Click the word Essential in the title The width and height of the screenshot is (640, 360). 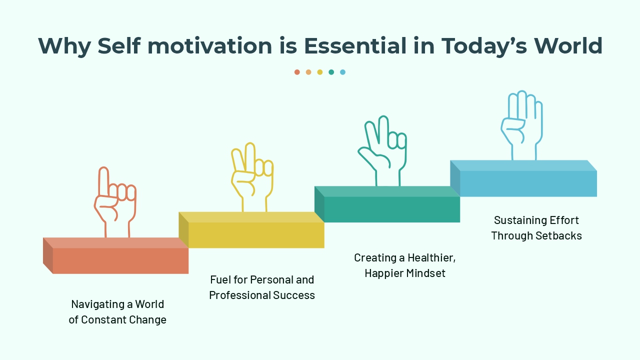[355, 46]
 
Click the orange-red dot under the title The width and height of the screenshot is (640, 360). [297, 72]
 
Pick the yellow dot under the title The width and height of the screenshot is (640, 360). [320, 72]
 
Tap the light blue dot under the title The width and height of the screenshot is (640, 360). [342, 72]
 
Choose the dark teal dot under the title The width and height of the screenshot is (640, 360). [331, 72]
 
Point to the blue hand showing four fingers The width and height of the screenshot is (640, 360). [522, 125]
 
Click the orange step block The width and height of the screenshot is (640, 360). [120, 260]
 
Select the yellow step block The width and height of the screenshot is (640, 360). [256, 234]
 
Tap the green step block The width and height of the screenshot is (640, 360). [391, 208]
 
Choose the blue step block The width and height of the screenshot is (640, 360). [527, 183]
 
